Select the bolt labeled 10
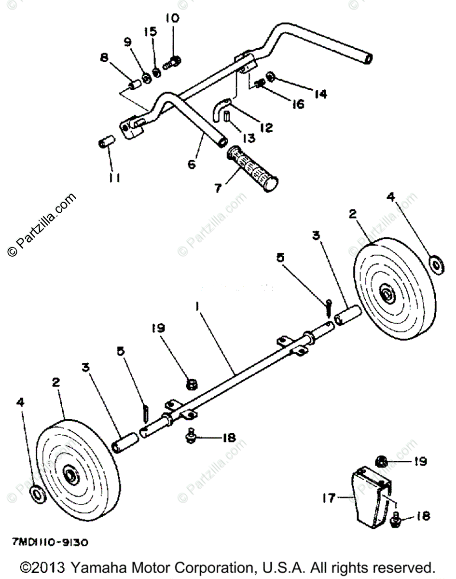point(172,62)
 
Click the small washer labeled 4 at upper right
point(437,265)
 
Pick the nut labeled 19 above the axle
point(191,385)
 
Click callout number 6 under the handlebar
point(192,164)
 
